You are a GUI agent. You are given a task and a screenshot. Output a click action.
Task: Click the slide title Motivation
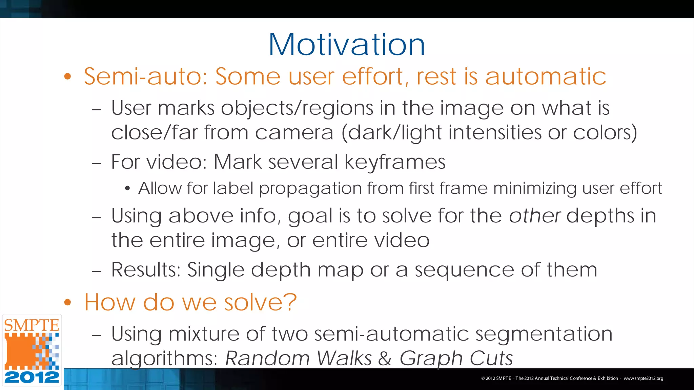[347, 45]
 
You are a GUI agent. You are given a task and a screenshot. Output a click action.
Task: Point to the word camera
[294, 133]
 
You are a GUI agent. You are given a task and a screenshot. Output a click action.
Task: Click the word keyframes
[395, 162]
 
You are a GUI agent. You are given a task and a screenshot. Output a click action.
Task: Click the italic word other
[534, 216]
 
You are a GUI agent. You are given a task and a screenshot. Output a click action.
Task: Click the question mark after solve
[290, 302]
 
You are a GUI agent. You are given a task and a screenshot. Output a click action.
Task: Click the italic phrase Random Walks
[299, 358]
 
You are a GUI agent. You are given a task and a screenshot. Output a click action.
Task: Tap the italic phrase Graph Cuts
[456, 358]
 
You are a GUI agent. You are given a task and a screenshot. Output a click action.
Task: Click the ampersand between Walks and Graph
[385, 358]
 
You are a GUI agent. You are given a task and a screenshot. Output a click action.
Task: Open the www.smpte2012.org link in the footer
[643, 378]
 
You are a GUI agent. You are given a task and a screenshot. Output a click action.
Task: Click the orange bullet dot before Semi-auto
[68, 77]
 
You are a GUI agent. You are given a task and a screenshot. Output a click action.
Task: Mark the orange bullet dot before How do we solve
[68, 302]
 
